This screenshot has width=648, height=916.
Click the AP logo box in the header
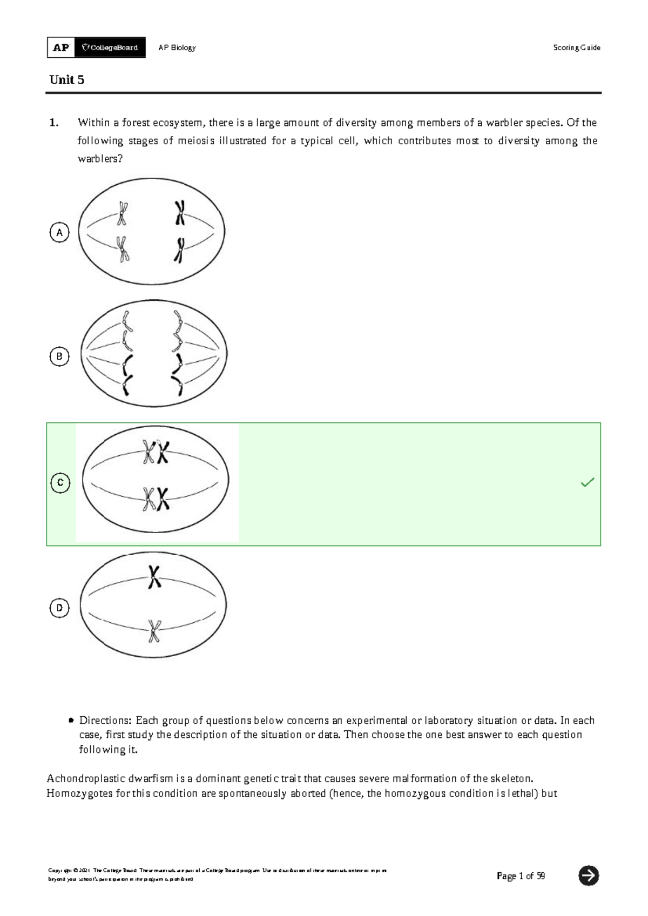click(x=61, y=48)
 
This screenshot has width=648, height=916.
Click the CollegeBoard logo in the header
click(x=110, y=48)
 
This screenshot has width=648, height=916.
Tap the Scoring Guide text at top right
click(x=576, y=48)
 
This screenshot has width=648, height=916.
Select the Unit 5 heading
click(x=66, y=80)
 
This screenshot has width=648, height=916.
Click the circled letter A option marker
click(x=59, y=233)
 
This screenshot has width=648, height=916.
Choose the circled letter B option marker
click(x=59, y=356)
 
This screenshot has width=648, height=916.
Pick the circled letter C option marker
click(x=60, y=482)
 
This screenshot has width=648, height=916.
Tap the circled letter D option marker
click(x=59, y=608)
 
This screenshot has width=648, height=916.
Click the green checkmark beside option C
click(x=587, y=482)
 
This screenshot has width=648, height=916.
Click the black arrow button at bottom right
click(x=588, y=875)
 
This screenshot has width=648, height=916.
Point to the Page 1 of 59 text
click(x=521, y=876)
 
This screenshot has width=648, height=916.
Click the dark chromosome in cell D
click(x=154, y=577)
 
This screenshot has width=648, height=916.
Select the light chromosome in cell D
click(x=154, y=631)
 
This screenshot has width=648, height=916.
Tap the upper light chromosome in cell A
click(x=123, y=213)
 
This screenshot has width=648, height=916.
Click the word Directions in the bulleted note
click(x=105, y=720)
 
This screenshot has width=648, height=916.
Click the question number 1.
click(x=53, y=123)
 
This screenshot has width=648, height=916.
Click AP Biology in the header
click(x=177, y=48)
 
